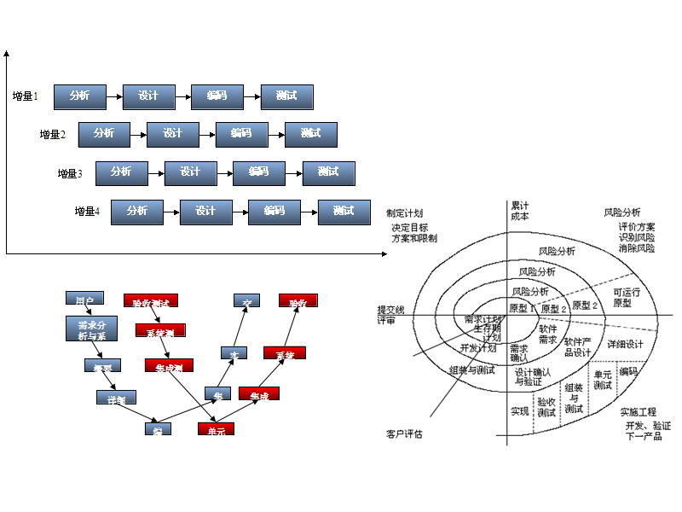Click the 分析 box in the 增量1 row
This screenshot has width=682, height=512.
79,96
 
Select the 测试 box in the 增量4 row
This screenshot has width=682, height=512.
344,212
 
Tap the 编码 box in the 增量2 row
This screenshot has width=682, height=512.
241,134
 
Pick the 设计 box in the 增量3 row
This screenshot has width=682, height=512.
190,172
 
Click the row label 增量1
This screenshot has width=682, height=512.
26,96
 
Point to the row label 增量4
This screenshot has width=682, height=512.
87,212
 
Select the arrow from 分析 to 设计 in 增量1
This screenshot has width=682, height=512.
114,96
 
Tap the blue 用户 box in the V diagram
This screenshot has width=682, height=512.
84,300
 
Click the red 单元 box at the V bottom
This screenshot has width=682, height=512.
216,430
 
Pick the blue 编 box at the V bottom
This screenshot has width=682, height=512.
158,429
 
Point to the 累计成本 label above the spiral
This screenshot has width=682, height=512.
519,211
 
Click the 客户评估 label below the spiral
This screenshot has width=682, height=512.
404,434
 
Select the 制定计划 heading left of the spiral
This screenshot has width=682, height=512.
404,213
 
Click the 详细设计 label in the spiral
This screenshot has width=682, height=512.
625,344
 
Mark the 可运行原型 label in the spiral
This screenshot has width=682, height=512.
626,297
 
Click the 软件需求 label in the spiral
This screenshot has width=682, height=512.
547,335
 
